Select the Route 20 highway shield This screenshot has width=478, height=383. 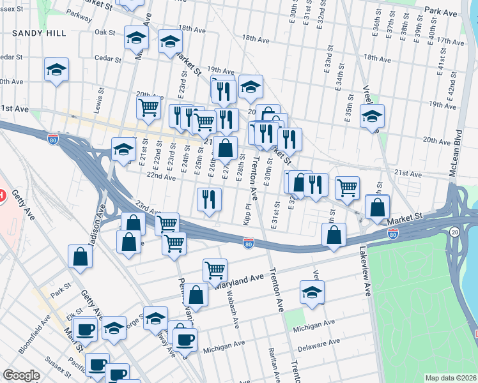point(454,232)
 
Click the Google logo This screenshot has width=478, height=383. point(21,375)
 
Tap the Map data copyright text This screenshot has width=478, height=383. point(451,378)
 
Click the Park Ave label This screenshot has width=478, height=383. point(441,12)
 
